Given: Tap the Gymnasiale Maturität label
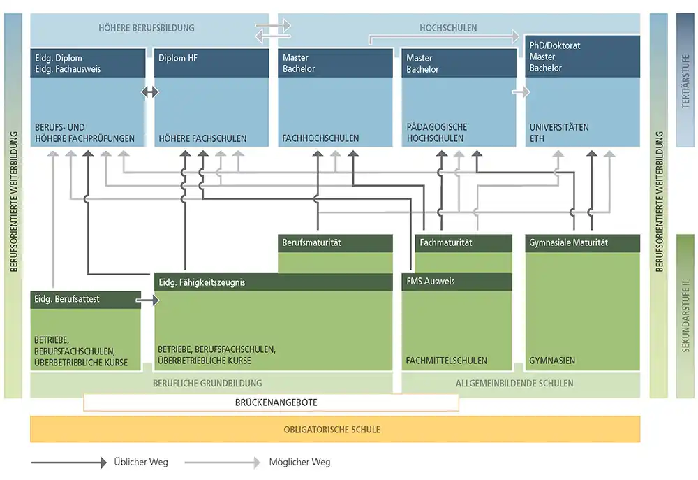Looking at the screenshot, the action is (568, 243).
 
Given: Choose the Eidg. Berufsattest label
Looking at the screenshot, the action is (67, 299).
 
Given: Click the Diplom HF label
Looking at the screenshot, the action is (177, 58).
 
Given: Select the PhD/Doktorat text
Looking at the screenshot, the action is (555, 45).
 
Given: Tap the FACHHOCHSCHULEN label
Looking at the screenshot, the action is (320, 138).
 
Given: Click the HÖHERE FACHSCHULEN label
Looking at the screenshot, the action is (202, 138).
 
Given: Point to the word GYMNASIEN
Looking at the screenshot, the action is (552, 361).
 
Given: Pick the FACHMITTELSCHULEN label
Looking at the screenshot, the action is (447, 361).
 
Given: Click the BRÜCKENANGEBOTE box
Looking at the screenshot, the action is (271, 402).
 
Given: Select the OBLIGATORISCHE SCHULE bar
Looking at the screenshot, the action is (335, 429).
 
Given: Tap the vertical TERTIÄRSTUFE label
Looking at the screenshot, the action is (685, 81).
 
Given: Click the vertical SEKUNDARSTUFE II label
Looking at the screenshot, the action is (685, 316).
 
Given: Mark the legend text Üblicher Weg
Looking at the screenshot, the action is (141, 462).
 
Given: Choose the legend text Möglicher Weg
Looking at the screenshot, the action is (299, 462).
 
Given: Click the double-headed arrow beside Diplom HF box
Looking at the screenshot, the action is (150, 92).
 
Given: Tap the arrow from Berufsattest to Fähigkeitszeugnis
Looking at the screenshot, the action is (147, 300).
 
